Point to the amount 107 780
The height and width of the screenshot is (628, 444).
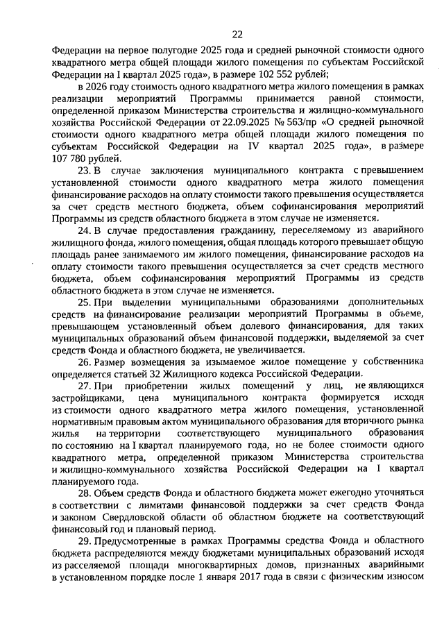tap(70, 158)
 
